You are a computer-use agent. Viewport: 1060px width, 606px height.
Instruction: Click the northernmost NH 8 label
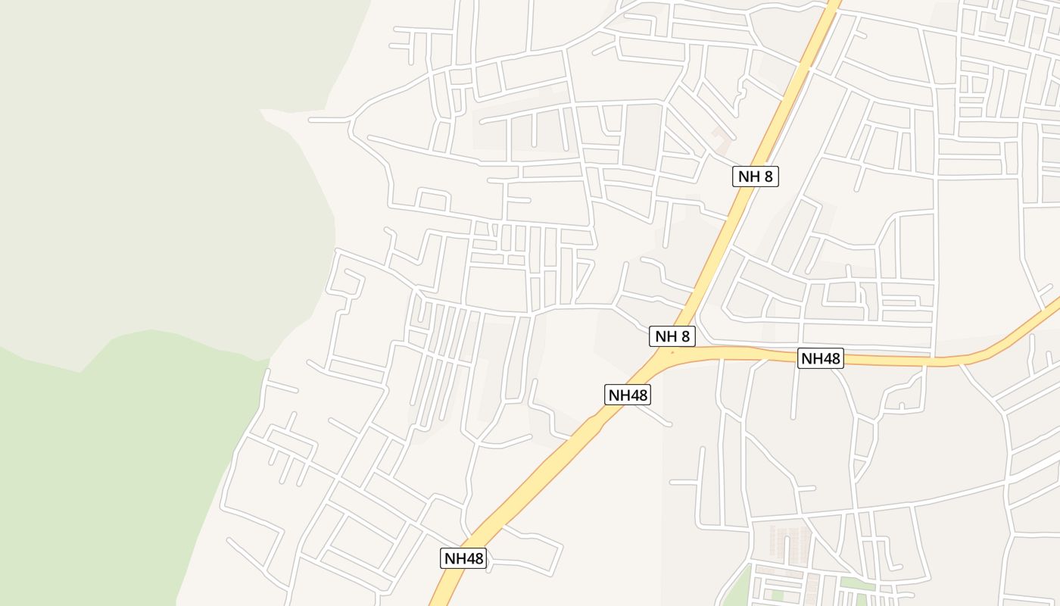pyautogui.click(x=756, y=176)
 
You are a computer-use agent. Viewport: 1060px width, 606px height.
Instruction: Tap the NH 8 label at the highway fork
pyautogui.click(x=672, y=336)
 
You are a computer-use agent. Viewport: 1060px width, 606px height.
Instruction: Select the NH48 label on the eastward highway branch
pyautogui.click(x=821, y=358)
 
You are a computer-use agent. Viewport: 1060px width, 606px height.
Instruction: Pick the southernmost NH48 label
pyautogui.click(x=463, y=558)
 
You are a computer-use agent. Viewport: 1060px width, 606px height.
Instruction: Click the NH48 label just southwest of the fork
pyautogui.click(x=628, y=395)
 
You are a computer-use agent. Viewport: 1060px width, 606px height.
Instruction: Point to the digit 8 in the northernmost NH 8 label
pyautogui.click(x=768, y=176)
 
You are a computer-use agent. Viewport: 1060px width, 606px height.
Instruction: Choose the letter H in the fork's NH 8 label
pyautogui.click(x=669, y=336)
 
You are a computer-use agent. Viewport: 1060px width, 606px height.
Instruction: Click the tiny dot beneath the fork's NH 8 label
pyautogui.click(x=672, y=352)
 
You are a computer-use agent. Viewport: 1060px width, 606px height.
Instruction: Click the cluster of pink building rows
pyautogui.click(x=787, y=542)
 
